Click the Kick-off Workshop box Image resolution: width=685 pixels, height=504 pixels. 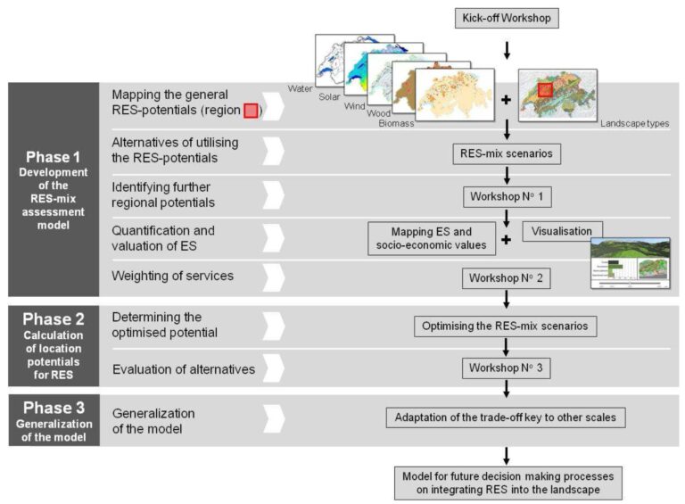[506, 18]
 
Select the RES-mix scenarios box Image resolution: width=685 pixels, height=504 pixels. [506, 153]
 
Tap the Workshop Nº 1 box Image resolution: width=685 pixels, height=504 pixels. [506, 195]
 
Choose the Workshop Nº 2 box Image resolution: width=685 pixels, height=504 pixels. [506, 277]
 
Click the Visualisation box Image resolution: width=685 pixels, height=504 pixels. [562, 231]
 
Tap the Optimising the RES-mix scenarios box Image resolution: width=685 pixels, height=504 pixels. [506, 326]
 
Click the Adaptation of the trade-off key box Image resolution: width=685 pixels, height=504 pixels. [506, 417]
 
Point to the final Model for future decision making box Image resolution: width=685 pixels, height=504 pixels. [506, 483]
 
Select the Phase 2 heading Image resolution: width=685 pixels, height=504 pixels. [54, 319]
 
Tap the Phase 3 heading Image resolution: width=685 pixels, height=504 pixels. [54, 408]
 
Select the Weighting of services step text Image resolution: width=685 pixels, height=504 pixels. [172, 276]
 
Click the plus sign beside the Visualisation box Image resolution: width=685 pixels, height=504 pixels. [506, 239]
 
